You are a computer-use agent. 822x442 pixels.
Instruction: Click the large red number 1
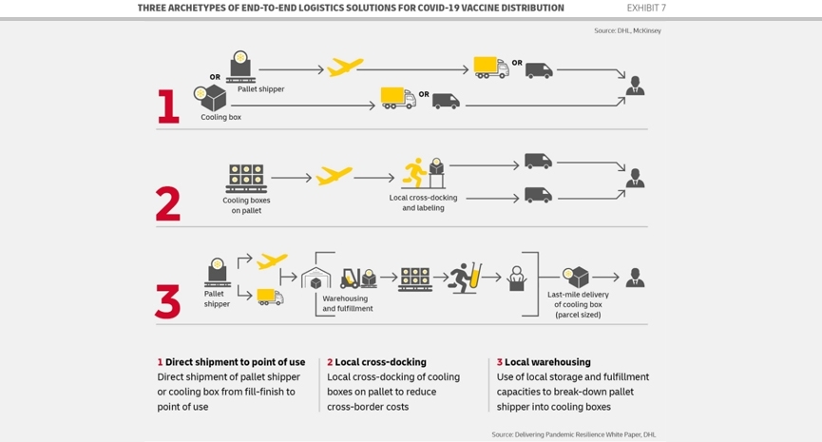[x=168, y=106]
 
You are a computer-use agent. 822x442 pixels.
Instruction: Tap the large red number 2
[x=168, y=203]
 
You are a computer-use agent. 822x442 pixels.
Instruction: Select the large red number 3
[x=168, y=301]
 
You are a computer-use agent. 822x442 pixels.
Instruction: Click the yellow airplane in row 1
[x=344, y=67]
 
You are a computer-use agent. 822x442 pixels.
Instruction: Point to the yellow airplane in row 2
[x=334, y=176]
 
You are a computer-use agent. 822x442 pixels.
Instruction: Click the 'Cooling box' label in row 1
[x=220, y=117]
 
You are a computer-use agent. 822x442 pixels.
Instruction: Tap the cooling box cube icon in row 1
[x=211, y=98]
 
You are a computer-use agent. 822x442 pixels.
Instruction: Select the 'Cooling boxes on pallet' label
[x=246, y=205]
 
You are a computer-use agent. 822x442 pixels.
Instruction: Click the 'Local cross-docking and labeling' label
[x=423, y=202]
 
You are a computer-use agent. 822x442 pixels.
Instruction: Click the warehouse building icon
[x=315, y=278]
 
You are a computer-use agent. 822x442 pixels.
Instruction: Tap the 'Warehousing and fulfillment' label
[x=348, y=303]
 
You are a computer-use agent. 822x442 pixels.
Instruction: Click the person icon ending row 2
[x=636, y=179]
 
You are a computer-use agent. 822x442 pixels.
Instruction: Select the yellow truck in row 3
[x=270, y=297]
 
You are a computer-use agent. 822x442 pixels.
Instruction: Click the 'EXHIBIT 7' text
[x=646, y=8]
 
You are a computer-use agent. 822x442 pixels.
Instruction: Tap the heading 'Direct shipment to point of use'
[x=235, y=362]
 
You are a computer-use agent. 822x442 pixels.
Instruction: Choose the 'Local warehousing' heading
[x=547, y=362]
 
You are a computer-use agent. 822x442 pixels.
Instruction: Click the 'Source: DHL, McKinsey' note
[x=627, y=30]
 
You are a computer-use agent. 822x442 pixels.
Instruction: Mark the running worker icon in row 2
[x=414, y=172]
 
